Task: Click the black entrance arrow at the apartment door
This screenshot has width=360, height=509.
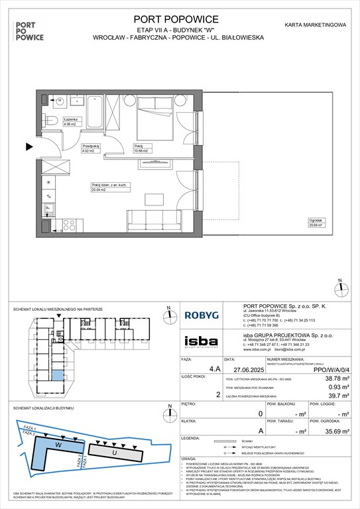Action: click(29, 146)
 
